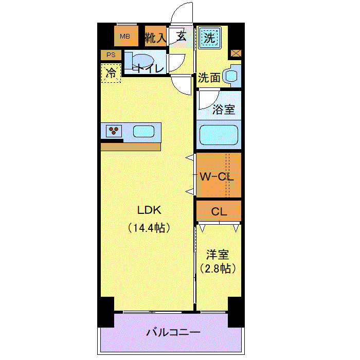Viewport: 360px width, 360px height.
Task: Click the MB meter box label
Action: tap(125, 37)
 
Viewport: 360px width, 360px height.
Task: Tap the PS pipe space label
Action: tap(111, 55)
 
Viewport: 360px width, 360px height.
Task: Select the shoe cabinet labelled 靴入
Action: tap(155, 37)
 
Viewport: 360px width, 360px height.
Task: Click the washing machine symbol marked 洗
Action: tap(210, 38)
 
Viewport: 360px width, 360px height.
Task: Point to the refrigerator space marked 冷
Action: tap(111, 73)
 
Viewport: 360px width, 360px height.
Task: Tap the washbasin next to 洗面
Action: tap(231, 76)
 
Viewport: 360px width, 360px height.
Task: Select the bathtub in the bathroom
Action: tap(219, 135)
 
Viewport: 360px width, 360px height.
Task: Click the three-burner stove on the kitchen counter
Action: tap(114, 131)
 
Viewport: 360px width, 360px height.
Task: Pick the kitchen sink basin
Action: tap(143, 132)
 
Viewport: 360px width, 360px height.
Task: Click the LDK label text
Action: tap(149, 210)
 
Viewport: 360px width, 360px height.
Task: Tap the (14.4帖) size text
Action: tap(149, 228)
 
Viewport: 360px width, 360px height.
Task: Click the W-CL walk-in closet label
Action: tap(217, 176)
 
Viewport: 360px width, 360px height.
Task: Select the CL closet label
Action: tap(219, 212)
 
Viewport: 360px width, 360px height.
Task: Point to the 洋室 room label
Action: tap(218, 255)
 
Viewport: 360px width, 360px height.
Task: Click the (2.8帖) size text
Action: tap(218, 268)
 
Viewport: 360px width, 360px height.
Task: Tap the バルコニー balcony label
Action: tap(173, 332)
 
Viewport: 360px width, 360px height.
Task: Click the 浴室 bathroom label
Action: tap(224, 109)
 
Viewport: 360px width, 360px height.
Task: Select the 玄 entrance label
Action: tap(182, 37)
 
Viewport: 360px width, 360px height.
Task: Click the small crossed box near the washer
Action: tap(236, 53)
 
